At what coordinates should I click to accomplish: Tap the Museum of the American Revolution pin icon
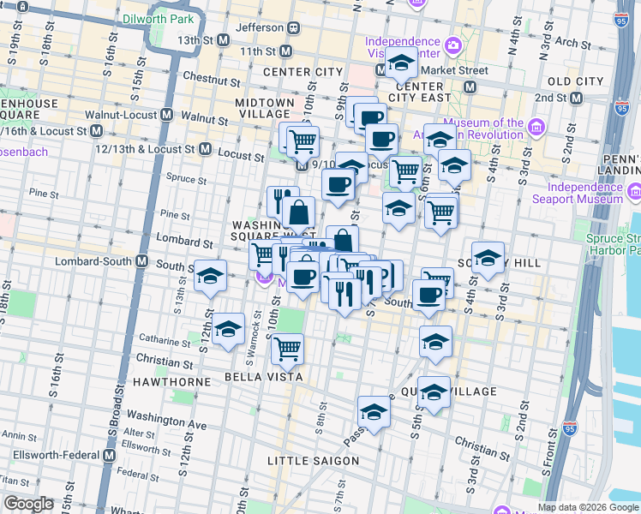(x=536, y=128)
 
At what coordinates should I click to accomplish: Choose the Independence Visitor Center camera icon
(x=452, y=44)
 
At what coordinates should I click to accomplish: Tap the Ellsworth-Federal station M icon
(x=109, y=457)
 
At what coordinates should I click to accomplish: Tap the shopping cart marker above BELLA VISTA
(x=287, y=348)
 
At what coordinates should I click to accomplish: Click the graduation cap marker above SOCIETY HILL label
(x=488, y=257)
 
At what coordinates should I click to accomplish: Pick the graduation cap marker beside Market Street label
(x=400, y=63)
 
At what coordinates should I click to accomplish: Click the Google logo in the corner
(x=28, y=505)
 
